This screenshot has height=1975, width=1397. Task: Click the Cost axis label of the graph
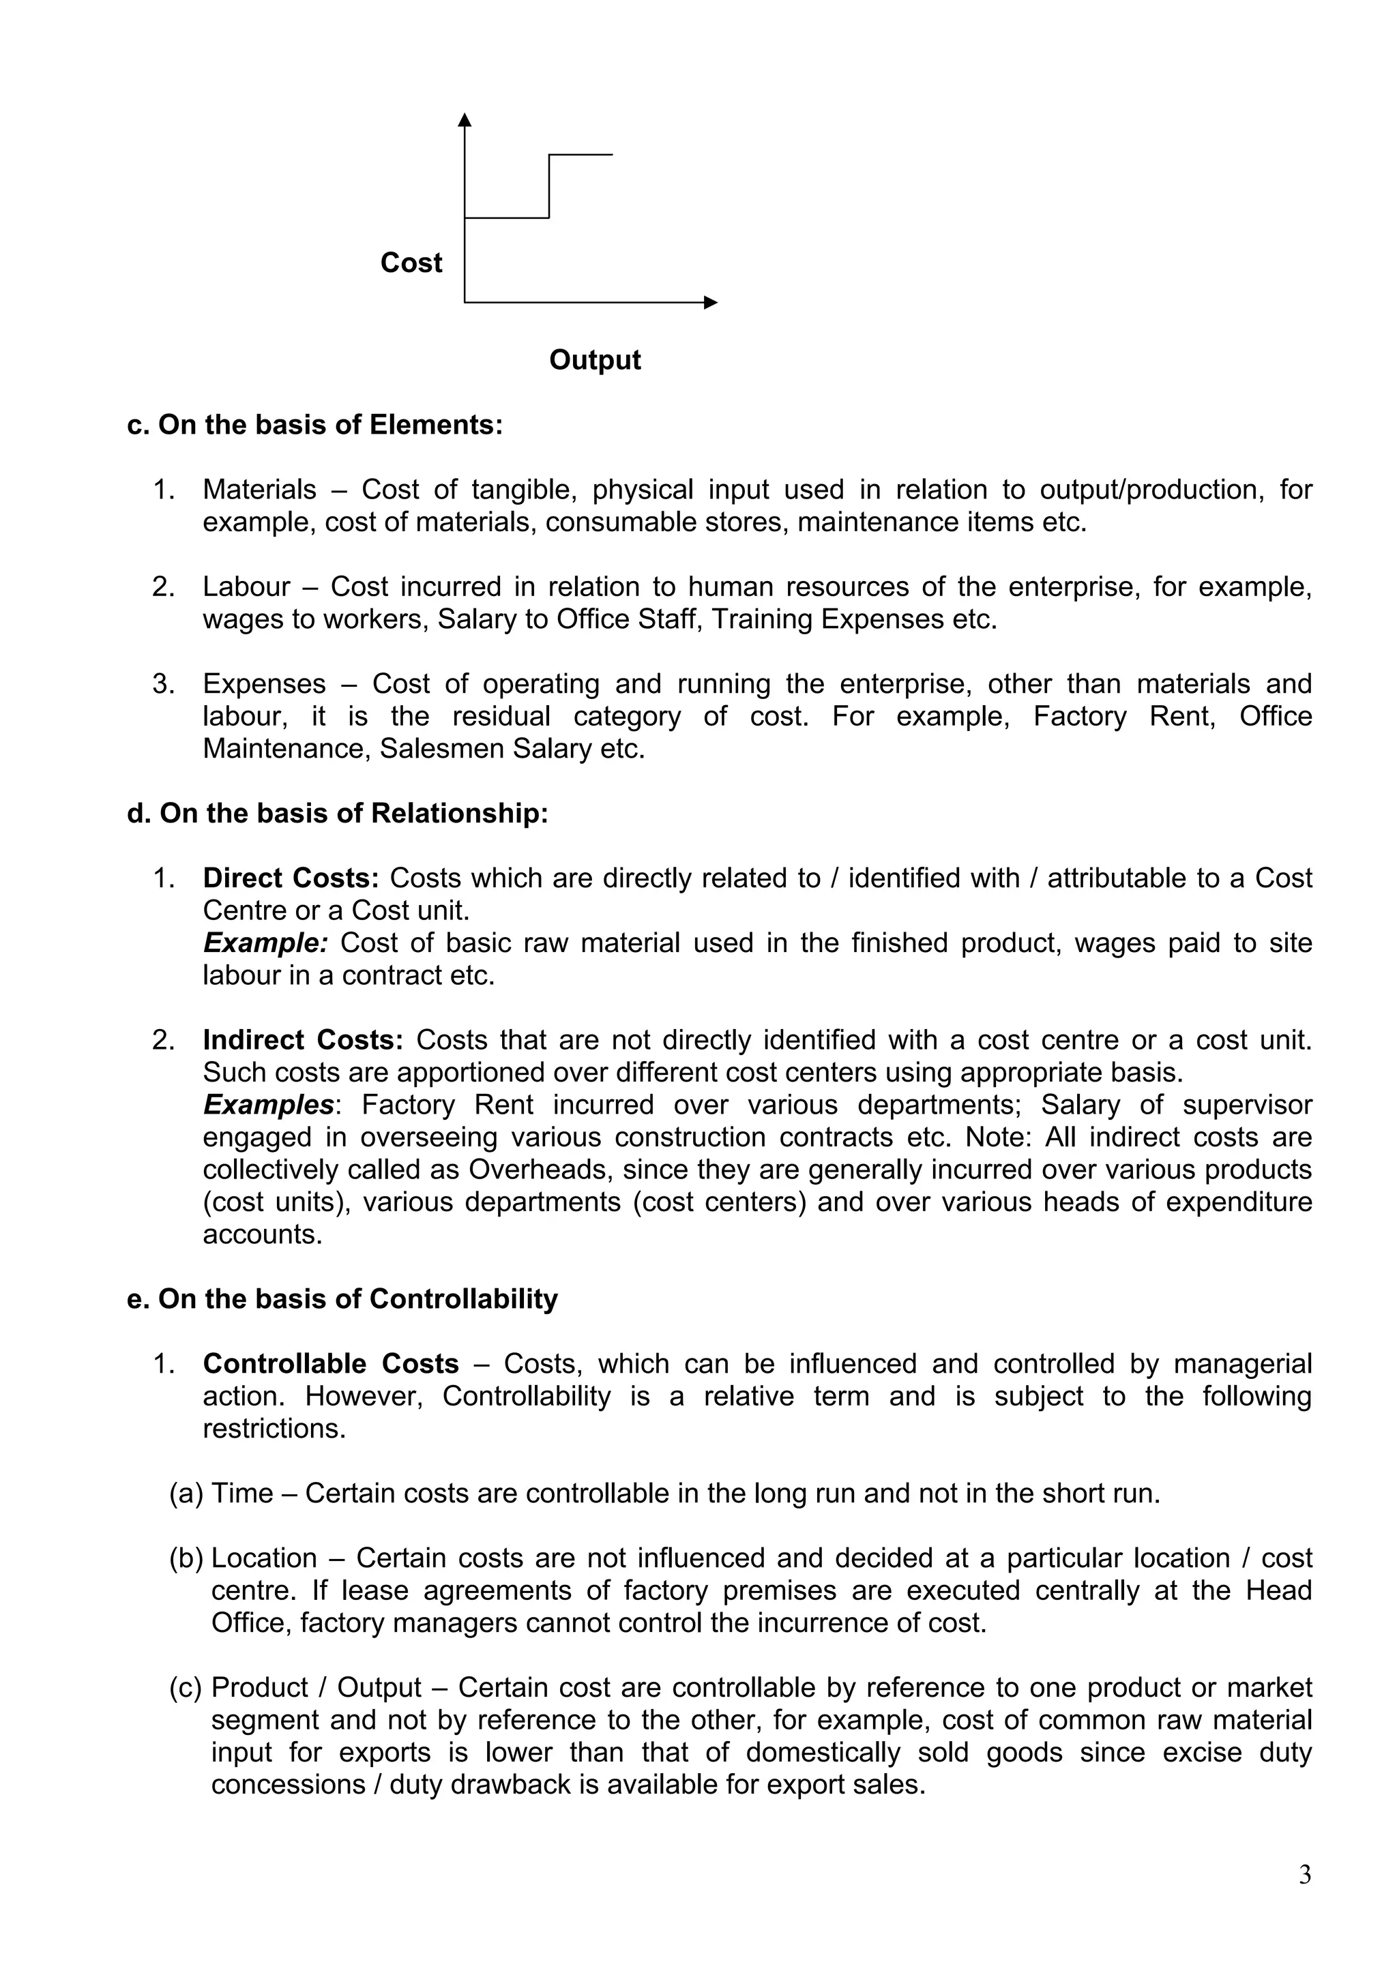tap(411, 263)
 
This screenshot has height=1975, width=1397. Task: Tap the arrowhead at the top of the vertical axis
tap(465, 119)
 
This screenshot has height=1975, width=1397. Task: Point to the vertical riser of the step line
tap(549, 185)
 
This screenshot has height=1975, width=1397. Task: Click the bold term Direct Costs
tap(290, 878)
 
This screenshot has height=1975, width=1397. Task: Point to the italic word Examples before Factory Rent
tap(268, 1105)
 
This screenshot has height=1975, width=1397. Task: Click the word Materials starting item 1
tap(260, 490)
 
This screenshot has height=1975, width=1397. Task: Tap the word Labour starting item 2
tap(246, 586)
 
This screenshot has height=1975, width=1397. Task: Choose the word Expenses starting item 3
tap(264, 684)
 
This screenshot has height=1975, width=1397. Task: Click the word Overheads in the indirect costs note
tap(541, 1170)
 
